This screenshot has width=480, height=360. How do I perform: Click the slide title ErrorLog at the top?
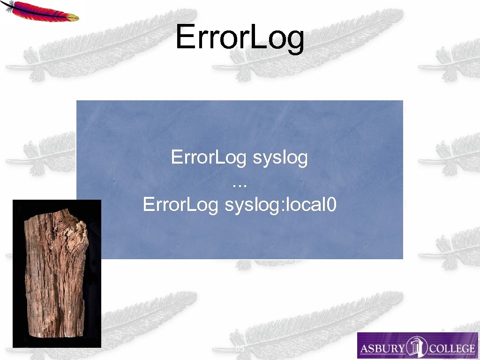coord(240,38)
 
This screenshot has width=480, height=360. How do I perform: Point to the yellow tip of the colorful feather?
coord(73,17)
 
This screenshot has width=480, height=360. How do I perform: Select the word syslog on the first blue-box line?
coord(280,157)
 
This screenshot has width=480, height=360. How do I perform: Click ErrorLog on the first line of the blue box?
coord(209,157)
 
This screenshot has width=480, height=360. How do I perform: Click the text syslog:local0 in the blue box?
coord(280,205)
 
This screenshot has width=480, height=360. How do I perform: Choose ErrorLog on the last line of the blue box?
coord(180,205)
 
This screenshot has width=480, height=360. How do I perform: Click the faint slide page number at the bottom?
coord(240,349)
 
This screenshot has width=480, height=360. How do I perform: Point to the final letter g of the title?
coord(294,41)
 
